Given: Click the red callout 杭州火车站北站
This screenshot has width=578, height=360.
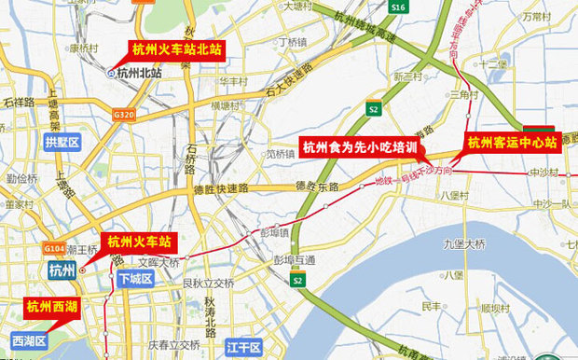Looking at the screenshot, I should [x=176, y=49].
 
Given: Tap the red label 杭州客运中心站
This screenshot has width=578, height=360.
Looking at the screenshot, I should [x=512, y=143].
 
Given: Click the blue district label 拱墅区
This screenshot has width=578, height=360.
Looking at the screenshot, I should [x=62, y=142].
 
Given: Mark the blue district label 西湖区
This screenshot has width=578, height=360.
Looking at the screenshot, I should [x=29, y=341].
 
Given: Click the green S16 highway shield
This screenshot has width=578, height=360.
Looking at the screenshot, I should [x=399, y=7].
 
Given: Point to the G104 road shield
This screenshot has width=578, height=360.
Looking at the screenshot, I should [x=54, y=251].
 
